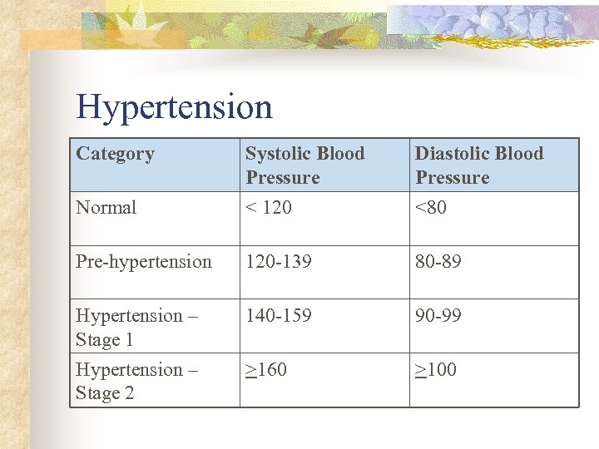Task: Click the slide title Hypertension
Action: pos(174,107)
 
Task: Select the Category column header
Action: pos(115,154)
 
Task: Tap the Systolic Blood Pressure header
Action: pos(304,165)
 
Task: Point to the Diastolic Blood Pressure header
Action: pos(478,165)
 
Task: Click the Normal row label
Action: pos(106,208)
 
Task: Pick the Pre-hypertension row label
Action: pos(143,262)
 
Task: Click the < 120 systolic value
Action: pos(268,208)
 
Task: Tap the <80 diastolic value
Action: pos(431,208)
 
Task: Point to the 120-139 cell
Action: pos(278,262)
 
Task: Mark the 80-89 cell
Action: pos(438,262)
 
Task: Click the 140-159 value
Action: pos(278,316)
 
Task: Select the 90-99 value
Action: pos(438,316)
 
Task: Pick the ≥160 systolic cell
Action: pos(265,370)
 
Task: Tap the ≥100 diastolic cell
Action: pos(435,370)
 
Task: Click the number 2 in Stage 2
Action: pos(128,394)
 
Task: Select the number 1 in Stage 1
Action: pos(128,340)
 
